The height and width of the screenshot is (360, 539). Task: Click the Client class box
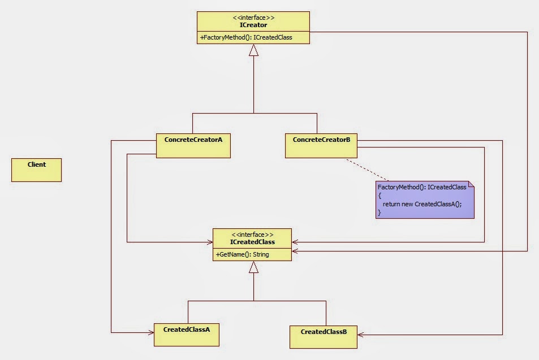click(36, 170)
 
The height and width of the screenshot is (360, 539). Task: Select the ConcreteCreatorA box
click(193, 145)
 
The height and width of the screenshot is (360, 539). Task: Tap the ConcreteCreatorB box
click(321, 145)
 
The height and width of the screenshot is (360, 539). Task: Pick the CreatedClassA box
click(186, 335)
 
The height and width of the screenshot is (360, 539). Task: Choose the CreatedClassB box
click(324, 336)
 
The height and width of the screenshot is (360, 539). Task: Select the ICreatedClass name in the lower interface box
click(253, 242)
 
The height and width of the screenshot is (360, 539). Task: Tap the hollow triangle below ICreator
click(253, 50)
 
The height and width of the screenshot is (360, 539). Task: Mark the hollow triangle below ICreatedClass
click(253, 267)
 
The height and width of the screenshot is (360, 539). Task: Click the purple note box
click(425, 200)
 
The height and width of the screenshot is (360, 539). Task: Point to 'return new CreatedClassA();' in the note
click(422, 203)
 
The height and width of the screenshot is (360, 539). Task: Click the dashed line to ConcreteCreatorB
click(368, 170)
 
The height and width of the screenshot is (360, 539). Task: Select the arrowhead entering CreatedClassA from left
click(150, 332)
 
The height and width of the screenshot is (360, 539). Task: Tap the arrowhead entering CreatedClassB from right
click(361, 334)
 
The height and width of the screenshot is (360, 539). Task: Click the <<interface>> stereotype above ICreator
click(253, 18)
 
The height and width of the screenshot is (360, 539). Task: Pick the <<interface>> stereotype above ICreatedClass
click(253, 235)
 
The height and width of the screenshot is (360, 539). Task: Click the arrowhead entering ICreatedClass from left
click(209, 242)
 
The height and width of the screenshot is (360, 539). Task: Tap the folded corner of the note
click(471, 185)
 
